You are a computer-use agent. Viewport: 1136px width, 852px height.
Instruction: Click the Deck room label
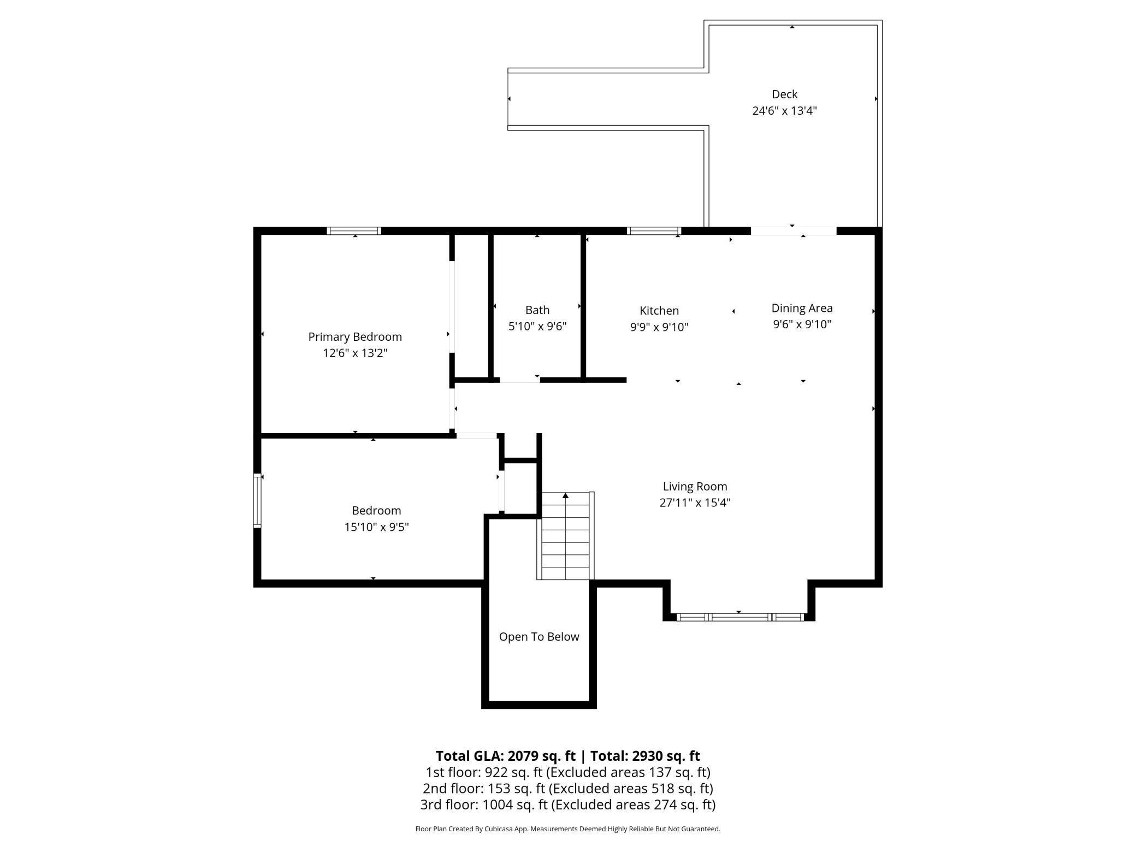(784, 94)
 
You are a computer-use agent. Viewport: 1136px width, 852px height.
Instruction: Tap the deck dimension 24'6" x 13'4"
(784, 111)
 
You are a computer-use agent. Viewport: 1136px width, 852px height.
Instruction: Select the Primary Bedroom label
(355, 337)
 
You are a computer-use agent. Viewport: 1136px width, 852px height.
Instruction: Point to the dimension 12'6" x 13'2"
(355, 353)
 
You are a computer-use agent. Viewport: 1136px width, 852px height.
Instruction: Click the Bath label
(537, 310)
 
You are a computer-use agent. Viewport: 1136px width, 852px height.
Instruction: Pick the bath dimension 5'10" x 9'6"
(537, 327)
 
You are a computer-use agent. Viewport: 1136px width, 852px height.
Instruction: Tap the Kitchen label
(659, 311)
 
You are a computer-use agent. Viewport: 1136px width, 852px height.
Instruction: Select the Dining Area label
(802, 309)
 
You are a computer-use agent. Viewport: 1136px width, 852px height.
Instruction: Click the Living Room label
(695, 487)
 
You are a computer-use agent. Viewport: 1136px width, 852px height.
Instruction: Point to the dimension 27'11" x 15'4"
(695, 503)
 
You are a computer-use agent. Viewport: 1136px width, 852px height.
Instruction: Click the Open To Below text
(539, 637)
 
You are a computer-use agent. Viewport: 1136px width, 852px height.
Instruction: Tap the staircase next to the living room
(565, 536)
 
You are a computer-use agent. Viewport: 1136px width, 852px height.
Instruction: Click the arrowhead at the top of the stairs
(566, 495)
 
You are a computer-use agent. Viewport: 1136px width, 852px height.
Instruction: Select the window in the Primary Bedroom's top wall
(354, 231)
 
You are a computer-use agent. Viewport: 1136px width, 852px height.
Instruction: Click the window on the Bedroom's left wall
(257, 501)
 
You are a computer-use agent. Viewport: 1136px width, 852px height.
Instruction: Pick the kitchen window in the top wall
(654, 231)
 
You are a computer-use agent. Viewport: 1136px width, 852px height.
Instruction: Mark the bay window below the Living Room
(739, 617)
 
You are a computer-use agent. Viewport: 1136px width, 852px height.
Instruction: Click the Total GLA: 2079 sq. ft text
(506, 756)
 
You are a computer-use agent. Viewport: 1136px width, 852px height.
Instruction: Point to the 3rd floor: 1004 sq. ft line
(568, 804)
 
